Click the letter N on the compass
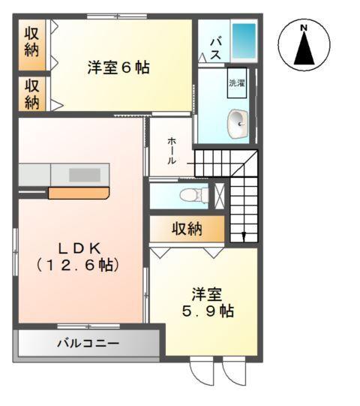[304, 29]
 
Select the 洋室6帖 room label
[118, 68]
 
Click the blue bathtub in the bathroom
[244, 44]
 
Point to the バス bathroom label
[214, 48]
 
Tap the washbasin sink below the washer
[238, 119]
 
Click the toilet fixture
[193, 195]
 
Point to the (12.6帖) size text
[77, 266]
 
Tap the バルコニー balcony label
[88, 344]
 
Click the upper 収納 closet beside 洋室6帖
[31, 42]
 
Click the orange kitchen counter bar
[79, 193]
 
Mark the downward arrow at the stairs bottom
[243, 237]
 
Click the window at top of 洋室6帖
[116, 16]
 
